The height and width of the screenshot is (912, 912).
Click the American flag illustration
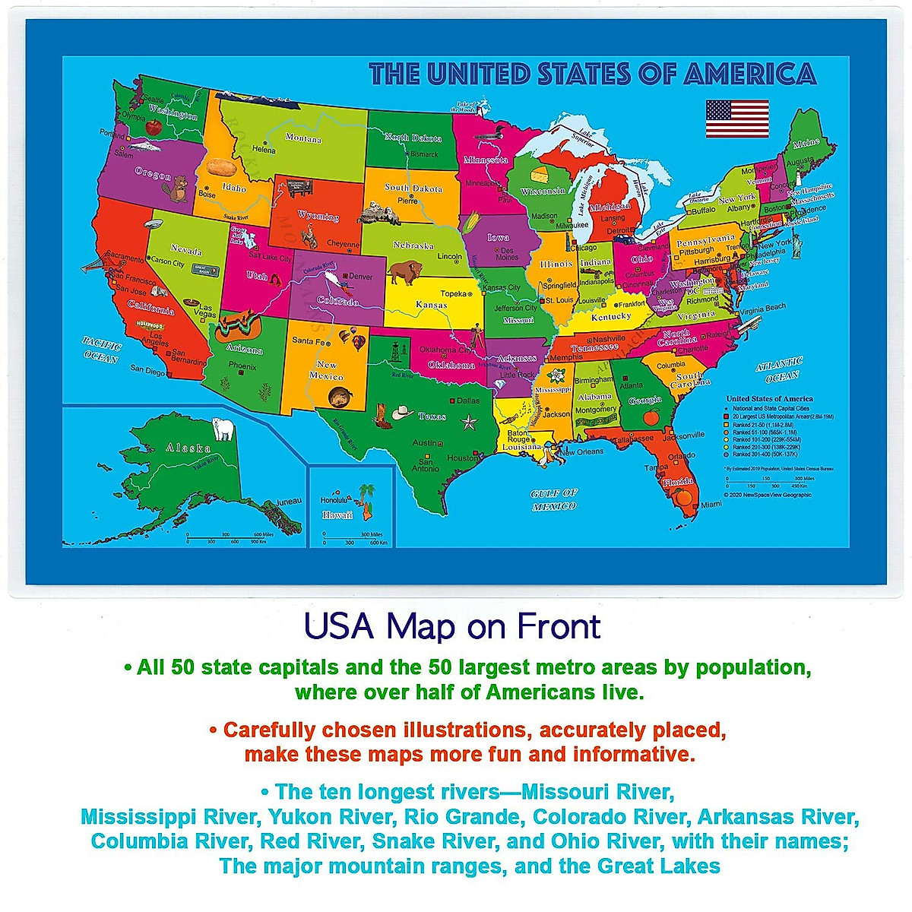pyautogui.click(x=737, y=119)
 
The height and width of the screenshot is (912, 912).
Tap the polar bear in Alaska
pyautogui.click(x=223, y=429)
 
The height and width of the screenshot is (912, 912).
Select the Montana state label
pyautogui.click(x=303, y=138)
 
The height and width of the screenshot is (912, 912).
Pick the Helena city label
pyautogui.click(x=264, y=150)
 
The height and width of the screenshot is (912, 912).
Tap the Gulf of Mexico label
pyautogui.click(x=554, y=499)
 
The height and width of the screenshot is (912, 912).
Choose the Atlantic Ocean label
pyautogui.click(x=778, y=370)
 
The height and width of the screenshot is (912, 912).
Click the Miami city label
pyautogui.click(x=711, y=505)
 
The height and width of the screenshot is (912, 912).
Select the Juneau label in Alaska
pyautogui.click(x=289, y=501)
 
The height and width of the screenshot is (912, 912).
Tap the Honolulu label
pyautogui.click(x=333, y=501)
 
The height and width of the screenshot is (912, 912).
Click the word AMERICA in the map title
pyautogui.click(x=749, y=74)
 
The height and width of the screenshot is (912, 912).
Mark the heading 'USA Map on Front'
pyautogui.click(x=452, y=627)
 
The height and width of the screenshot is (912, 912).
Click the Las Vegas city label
pyautogui.click(x=206, y=311)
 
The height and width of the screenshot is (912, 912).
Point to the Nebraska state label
pyautogui.click(x=413, y=245)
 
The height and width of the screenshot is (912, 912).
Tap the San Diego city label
pyautogui.click(x=147, y=372)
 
